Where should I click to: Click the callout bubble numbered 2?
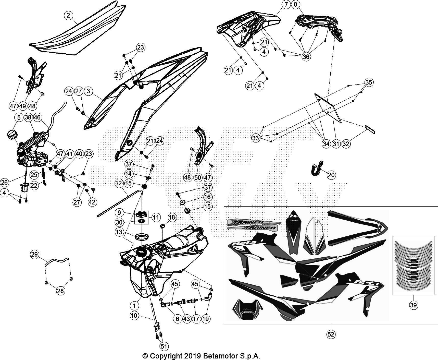click(68, 15)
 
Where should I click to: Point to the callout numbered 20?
click(331, 175)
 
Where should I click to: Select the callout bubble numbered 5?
click(19, 118)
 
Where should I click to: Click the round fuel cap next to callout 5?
click(12, 134)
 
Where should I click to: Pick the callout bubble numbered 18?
click(172, 217)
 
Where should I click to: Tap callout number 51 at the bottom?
click(164, 346)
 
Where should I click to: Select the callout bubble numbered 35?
click(369, 82)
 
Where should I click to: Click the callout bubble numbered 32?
click(346, 144)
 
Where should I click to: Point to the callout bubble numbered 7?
click(286, 5)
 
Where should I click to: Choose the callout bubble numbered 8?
click(295, 5)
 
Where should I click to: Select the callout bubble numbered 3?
click(88, 91)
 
